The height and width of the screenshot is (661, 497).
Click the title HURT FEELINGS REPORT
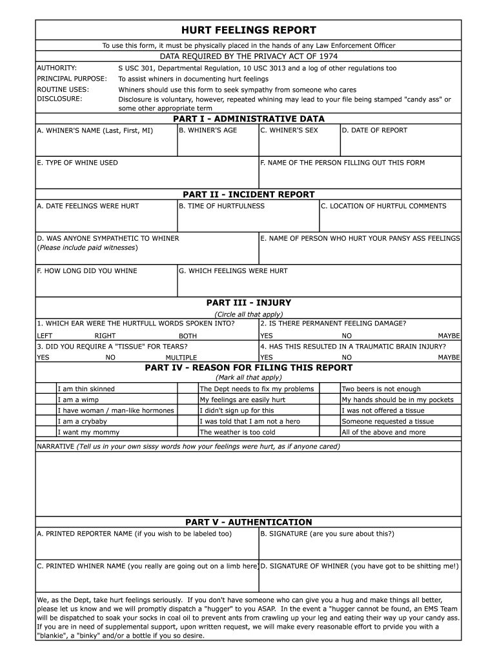tap(249, 30)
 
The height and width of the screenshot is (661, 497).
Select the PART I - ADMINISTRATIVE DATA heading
tap(249, 119)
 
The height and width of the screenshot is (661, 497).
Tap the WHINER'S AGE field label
tap(208, 130)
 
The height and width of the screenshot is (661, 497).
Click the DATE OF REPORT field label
tap(374, 130)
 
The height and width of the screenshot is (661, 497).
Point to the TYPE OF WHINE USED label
tap(77, 163)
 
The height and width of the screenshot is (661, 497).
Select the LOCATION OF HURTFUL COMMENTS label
tap(383, 206)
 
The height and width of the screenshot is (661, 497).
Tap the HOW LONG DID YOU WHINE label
tap(87, 270)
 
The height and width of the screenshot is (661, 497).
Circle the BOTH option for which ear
tap(188, 336)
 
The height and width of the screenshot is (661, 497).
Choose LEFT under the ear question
tap(45, 336)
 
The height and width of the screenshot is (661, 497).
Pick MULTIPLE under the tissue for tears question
tap(181, 358)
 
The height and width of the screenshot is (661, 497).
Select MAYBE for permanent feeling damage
tap(449, 336)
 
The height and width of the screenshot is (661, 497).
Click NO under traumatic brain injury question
tap(347, 357)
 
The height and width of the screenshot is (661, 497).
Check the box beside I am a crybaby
tap(46, 422)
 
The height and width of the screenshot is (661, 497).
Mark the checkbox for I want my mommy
tap(46, 432)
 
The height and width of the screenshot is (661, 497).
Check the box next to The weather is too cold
tap(188, 432)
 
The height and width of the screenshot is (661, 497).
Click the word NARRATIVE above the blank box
tap(55, 446)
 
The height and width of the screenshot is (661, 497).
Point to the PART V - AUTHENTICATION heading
tap(249, 522)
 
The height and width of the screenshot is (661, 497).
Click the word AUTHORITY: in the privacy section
tap(57, 68)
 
